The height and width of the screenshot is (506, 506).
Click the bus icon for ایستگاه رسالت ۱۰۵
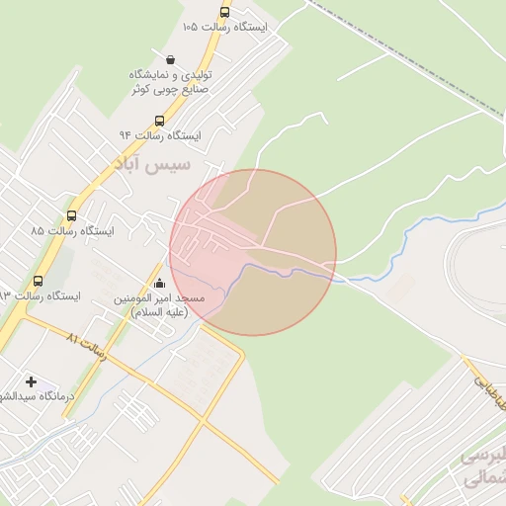tap(224, 13)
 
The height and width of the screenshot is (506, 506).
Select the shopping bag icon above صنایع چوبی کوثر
tap(172, 59)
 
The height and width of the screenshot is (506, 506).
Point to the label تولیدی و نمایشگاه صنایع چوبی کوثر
tap(171, 82)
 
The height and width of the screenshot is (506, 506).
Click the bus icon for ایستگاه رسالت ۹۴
tap(159, 121)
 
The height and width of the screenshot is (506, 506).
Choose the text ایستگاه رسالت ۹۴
tap(160, 135)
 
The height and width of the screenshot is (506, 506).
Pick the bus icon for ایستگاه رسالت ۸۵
tap(71, 215)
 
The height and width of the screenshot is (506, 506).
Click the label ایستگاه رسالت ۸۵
tap(72, 230)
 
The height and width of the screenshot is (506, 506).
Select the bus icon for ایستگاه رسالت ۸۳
tap(39, 281)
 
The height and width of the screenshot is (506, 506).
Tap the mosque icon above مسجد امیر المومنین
tap(159, 284)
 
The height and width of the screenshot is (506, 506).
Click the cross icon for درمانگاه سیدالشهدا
tap(31, 381)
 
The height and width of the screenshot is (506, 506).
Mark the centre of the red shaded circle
tap(253, 253)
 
